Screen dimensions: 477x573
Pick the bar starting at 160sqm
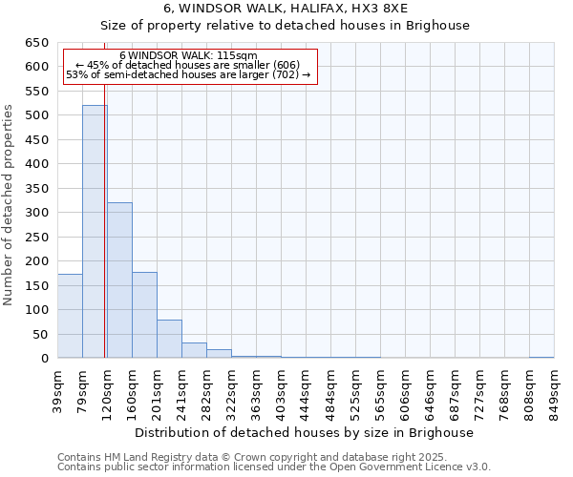[144, 315]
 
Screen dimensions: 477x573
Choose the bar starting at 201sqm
[169, 339]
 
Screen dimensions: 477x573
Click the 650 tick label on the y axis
[35, 43]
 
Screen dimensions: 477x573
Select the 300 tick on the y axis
[35, 213]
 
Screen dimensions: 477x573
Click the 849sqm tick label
[555, 389]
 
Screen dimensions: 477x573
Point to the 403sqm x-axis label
[282, 389]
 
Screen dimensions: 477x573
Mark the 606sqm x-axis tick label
[406, 389]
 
